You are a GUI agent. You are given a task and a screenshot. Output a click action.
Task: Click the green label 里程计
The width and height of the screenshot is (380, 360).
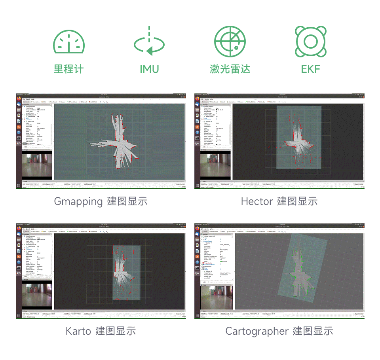69,69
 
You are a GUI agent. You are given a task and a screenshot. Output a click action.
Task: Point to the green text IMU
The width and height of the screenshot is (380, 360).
149,69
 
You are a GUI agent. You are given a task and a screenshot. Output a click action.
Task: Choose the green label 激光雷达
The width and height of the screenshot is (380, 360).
230,69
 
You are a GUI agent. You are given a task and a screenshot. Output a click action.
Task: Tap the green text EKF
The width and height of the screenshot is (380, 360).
310,69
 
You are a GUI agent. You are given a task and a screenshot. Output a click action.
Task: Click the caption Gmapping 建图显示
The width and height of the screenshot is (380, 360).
101,201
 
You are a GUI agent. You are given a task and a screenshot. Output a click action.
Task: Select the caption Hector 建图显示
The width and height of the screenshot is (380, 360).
279,201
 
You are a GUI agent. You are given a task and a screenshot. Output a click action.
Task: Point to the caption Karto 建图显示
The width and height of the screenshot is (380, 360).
101,331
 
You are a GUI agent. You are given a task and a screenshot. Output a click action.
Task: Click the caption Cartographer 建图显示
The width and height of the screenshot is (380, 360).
279,331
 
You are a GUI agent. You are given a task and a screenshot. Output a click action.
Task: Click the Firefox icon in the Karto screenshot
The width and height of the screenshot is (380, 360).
19,228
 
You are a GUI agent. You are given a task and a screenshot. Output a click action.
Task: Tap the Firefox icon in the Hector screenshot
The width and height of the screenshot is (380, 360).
197,99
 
